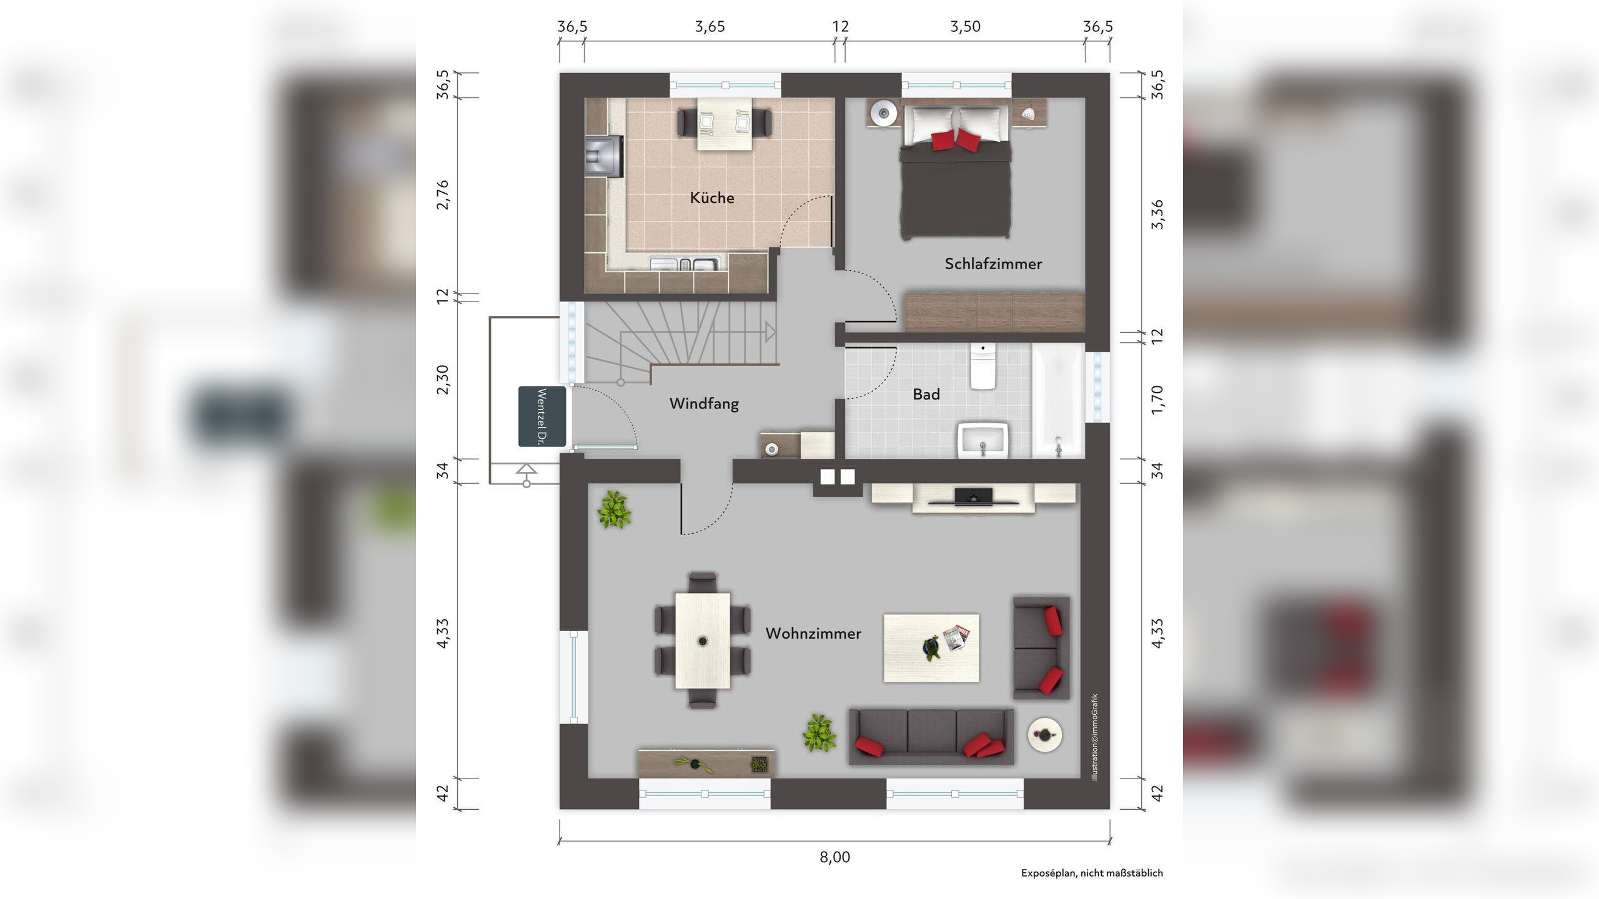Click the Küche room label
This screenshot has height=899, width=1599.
click(x=711, y=198)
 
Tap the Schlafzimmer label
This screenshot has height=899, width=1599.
click(x=993, y=264)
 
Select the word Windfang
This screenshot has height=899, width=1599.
click(x=704, y=404)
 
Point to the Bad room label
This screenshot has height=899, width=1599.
click(x=926, y=394)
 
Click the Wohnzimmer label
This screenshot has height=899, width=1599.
click(x=813, y=634)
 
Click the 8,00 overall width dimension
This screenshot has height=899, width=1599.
click(x=834, y=857)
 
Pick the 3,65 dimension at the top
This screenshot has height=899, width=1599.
click(x=710, y=26)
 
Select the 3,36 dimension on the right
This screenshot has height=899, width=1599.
click(x=1157, y=214)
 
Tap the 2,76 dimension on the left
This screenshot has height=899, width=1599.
click(x=442, y=195)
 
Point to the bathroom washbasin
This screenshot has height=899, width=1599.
click(x=983, y=440)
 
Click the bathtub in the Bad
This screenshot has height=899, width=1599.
click(x=1058, y=401)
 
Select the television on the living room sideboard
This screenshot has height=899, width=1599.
click(x=973, y=497)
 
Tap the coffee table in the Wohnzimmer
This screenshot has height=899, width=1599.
click(x=931, y=648)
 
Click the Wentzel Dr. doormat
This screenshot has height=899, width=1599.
click(x=542, y=416)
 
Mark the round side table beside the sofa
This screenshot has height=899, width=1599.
click(x=1045, y=735)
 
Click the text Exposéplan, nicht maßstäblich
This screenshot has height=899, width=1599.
click(x=1092, y=873)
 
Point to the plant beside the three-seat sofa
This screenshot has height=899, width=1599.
click(x=819, y=733)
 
